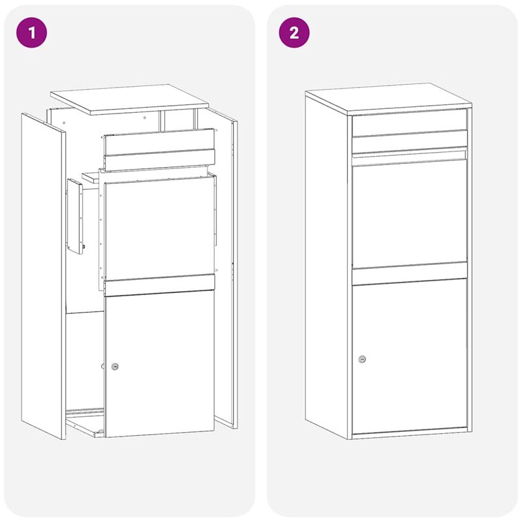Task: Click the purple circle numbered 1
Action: pyautogui.click(x=32, y=33)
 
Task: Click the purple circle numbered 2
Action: pyautogui.click(x=294, y=33)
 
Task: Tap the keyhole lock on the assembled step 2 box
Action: pyautogui.click(x=362, y=359)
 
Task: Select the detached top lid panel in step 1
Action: pyautogui.click(x=129, y=98)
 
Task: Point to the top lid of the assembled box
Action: pyautogui.click(x=388, y=97)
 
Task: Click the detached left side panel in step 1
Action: pyautogui.click(x=44, y=274)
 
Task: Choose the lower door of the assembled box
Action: pyautogui.click(x=410, y=356)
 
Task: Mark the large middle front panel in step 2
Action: pyautogui.click(x=410, y=212)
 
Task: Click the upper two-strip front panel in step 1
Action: pyautogui.click(x=159, y=149)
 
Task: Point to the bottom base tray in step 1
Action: pyautogui.click(x=85, y=421)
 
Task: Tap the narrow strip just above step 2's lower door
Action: pyautogui.click(x=410, y=271)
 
